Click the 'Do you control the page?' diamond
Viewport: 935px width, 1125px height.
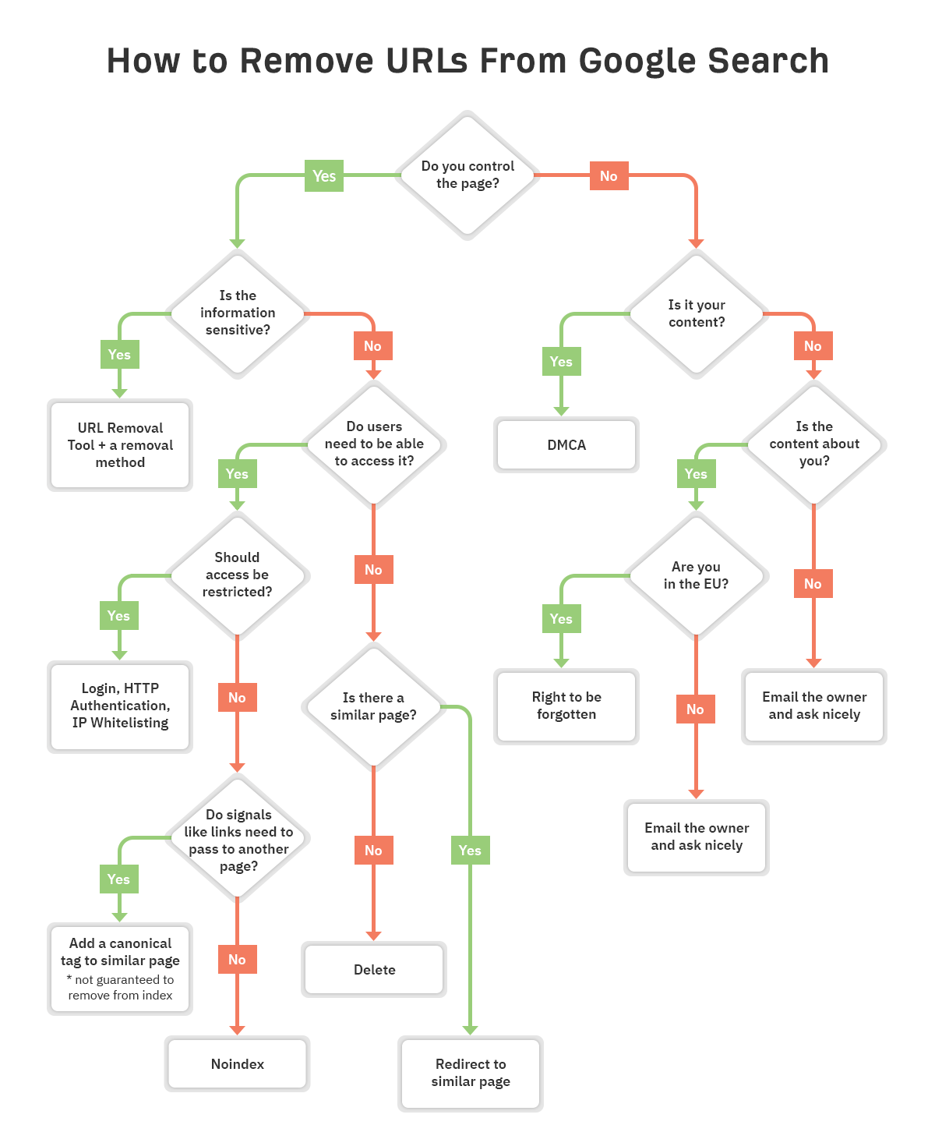click(467, 175)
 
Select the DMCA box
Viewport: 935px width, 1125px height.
click(566, 444)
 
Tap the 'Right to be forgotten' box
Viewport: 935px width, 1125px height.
click(566, 706)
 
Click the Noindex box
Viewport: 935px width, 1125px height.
click(237, 1063)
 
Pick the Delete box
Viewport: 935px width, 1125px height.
click(374, 969)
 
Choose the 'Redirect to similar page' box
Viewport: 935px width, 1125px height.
click(470, 1073)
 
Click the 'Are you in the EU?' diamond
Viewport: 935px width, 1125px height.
click(696, 575)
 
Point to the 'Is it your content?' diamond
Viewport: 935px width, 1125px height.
click(696, 313)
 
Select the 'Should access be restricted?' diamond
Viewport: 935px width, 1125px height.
click(237, 575)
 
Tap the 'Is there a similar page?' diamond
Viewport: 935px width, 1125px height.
click(373, 706)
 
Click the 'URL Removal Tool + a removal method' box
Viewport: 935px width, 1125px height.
click(120, 445)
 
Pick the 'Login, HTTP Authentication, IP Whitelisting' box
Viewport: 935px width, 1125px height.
click(120, 706)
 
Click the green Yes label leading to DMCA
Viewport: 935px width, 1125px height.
click(561, 362)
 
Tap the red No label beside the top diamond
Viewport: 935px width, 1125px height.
click(609, 175)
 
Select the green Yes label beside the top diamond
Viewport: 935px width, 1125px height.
click(323, 175)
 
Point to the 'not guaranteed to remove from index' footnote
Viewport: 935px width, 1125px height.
click(120, 987)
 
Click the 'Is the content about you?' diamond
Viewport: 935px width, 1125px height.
click(813, 444)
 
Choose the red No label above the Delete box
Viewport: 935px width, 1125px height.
click(374, 850)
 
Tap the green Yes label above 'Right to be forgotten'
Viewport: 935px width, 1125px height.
click(561, 618)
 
